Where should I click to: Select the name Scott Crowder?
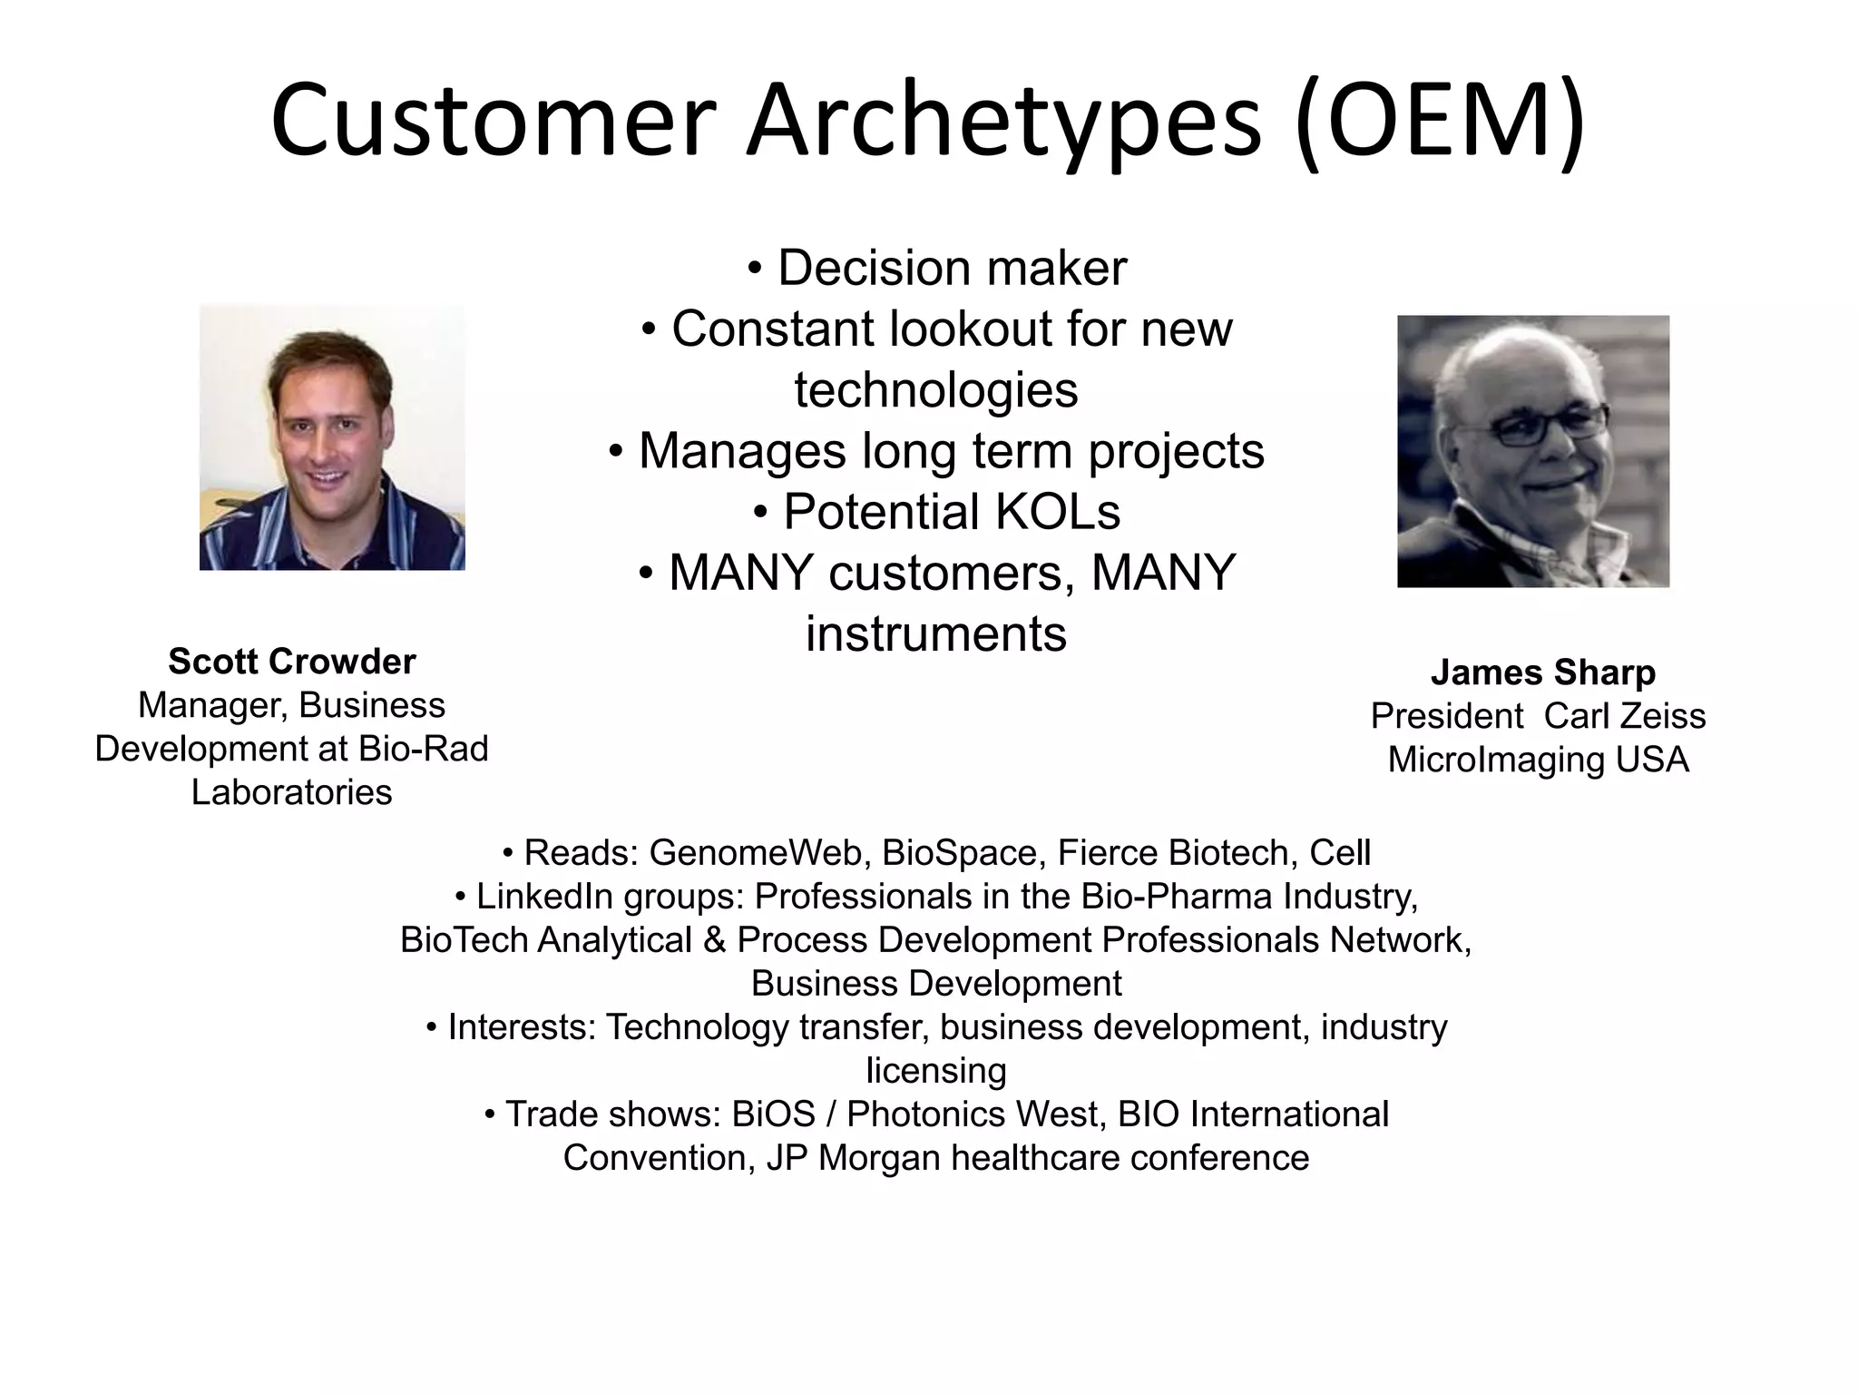pyautogui.click(x=291, y=662)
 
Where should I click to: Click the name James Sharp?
pyautogui.click(x=1542, y=672)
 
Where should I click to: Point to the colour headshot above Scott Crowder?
pyautogui.click(x=332, y=437)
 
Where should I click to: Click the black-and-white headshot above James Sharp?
pyautogui.click(x=1532, y=451)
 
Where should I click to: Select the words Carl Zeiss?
pyautogui.click(x=1624, y=716)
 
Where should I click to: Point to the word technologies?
pyautogui.click(x=936, y=390)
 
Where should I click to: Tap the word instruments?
pyautogui.click(x=936, y=633)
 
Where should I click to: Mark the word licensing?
pyautogui.click(x=936, y=1071)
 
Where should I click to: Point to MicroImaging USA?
pyautogui.click(x=1538, y=760)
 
